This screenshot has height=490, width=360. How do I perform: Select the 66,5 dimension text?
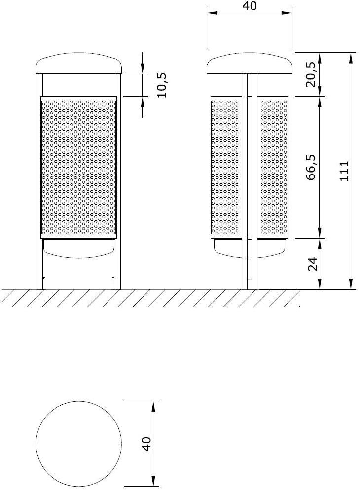coord(310,167)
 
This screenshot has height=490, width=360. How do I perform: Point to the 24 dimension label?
coord(311,264)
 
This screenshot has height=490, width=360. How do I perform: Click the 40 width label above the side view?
coord(250,6)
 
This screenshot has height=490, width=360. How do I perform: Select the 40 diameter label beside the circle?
coord(146,443)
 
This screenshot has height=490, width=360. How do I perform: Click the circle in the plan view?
coord(79,443)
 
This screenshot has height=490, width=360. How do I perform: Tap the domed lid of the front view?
coord(79,65)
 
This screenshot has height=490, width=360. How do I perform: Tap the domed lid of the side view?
coord(250,65)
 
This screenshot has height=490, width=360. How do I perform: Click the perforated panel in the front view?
coord(79,167)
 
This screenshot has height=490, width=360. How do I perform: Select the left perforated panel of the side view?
coord(225,167)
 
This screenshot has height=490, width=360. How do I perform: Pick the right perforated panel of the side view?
coord(274,167)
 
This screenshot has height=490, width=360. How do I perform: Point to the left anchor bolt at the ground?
coord(45,283)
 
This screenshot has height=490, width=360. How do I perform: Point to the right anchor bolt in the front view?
coord(113,283)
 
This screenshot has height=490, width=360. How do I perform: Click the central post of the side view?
coord(250,197)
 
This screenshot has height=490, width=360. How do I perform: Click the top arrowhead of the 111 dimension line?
coord(351,57)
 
